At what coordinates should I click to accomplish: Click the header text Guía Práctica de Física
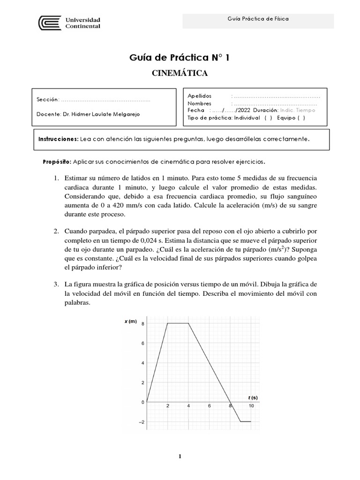[258, 19]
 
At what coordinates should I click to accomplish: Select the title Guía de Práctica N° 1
[180, 58]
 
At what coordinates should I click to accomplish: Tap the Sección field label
[48, 100]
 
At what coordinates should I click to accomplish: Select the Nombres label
[199, 103]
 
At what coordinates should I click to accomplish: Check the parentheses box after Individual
[269, 118]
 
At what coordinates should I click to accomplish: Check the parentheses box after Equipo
[301, 118]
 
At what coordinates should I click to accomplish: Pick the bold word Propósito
[57, 162]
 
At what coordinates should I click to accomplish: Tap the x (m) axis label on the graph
[131, 322]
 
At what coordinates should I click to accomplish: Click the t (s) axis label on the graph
[253, 397]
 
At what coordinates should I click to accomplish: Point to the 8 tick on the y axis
[142, 323]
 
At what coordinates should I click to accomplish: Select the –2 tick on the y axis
[141, 422]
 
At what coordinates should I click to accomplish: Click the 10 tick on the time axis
[251, 406]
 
